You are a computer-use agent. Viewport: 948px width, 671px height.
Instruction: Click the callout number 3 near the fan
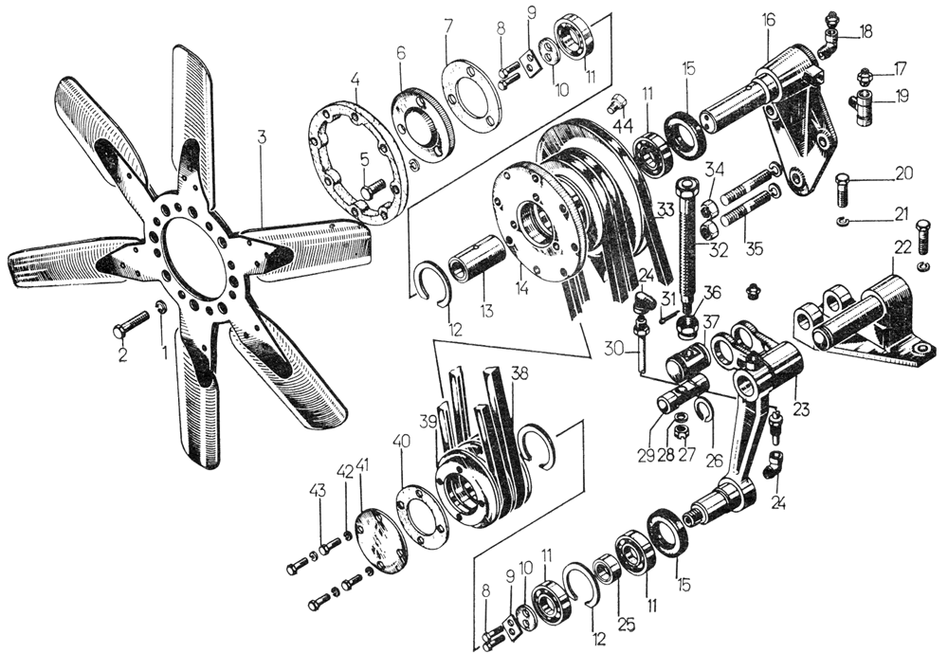262,136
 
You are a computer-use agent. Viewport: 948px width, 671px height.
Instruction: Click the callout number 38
517,372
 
